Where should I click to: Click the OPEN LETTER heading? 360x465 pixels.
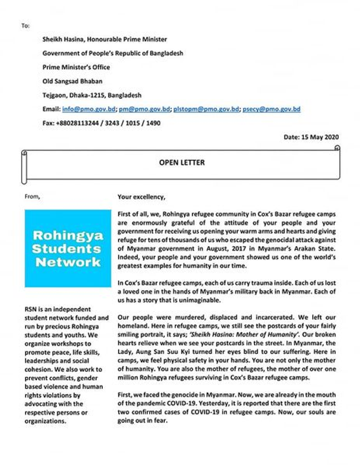(x=180, y=163)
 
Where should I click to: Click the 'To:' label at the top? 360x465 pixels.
(x=25, y=26)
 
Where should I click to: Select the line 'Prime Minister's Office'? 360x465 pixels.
(x=76, y=67)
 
